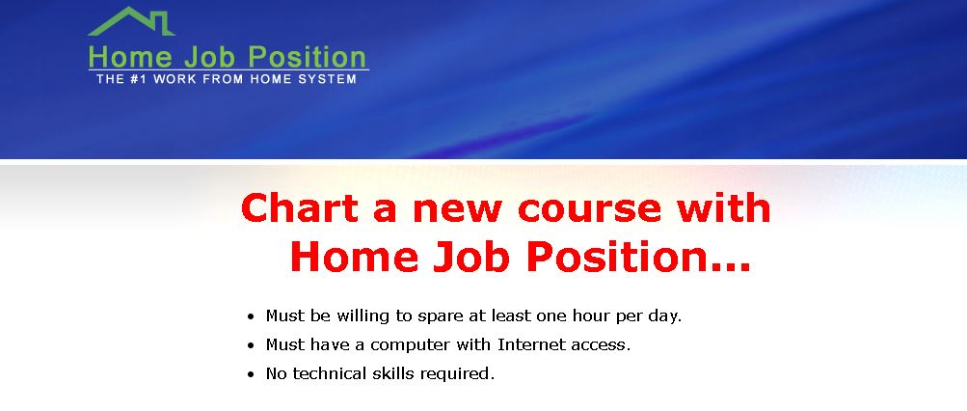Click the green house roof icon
click(131, 21)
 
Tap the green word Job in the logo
click(209, 57)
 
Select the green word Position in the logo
click(307, 57)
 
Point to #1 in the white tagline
click(139, 79)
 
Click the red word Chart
click(300, 207)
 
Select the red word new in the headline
click(457, 208)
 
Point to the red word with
click(724, 207)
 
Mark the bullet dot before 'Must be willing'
click(251, 317)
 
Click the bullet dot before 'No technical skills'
click(251, 374)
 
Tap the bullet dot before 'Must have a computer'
click(251, 345)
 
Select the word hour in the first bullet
click(592, 315)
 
